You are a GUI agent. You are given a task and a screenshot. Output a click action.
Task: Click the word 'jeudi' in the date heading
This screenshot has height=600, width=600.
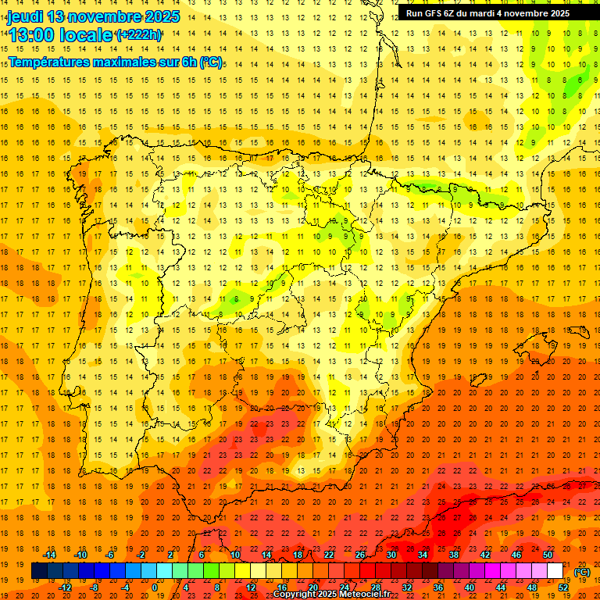[25, 16]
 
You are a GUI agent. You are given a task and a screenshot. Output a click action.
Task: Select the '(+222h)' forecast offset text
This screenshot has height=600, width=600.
[138, 34]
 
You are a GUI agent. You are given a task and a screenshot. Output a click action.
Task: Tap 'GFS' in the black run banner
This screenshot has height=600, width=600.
[442, 13]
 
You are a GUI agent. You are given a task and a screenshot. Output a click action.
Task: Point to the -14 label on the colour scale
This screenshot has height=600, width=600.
[50, 555]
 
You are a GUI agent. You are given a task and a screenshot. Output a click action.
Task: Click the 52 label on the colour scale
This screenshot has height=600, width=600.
[563, 587]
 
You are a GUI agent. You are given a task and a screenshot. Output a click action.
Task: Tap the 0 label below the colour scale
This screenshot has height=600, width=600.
[155, 587]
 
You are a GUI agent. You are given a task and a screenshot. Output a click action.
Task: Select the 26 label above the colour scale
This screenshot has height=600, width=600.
[360, 555]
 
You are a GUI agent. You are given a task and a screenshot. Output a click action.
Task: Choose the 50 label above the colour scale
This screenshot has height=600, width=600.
[548, 555]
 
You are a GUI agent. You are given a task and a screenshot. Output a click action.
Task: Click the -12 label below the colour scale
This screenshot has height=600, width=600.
[66, 587]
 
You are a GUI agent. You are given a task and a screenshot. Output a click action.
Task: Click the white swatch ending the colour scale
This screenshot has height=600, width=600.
[555, 571]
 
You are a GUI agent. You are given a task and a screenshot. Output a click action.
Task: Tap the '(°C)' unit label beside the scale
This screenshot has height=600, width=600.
[581, 572]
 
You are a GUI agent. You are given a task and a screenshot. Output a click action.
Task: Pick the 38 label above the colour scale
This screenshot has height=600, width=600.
[454, 555]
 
